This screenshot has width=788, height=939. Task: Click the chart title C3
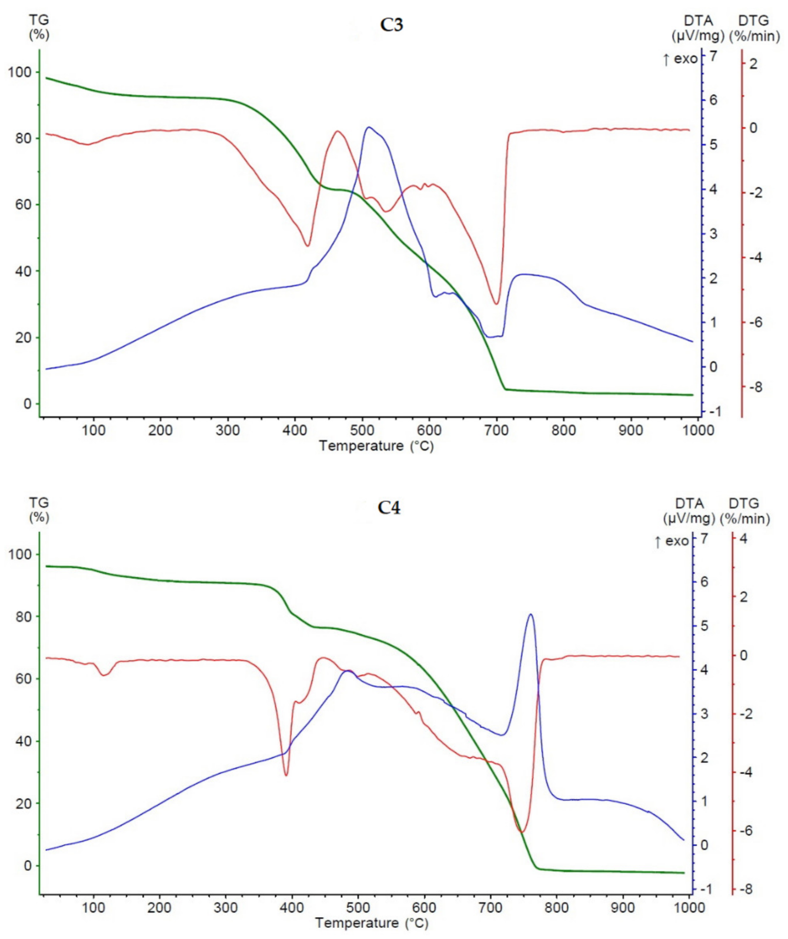[x=391, y=25]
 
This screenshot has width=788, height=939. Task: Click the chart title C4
[x=389, y=508]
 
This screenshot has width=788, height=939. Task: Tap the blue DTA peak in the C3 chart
[x=369, y=128]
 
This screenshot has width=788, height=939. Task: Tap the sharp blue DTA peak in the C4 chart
[x=530, y=615]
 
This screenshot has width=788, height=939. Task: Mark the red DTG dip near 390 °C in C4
[x=286, y=775]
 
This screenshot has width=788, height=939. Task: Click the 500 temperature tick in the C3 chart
[x=362, y=430]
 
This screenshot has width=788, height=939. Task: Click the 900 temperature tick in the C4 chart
[x=622, y=908]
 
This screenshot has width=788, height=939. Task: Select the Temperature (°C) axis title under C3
[x=376, y=446]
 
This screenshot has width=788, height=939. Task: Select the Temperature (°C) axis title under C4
[x=372, y=923]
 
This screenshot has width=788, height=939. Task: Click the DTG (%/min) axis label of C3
[x=754, y=28]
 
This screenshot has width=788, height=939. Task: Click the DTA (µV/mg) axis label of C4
[x=689, y=511]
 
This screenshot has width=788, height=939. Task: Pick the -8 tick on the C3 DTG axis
[x=754, y=387]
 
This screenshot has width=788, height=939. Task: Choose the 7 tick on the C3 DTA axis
[x=713, y=56]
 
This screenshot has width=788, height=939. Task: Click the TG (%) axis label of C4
[x=39, y=510]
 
